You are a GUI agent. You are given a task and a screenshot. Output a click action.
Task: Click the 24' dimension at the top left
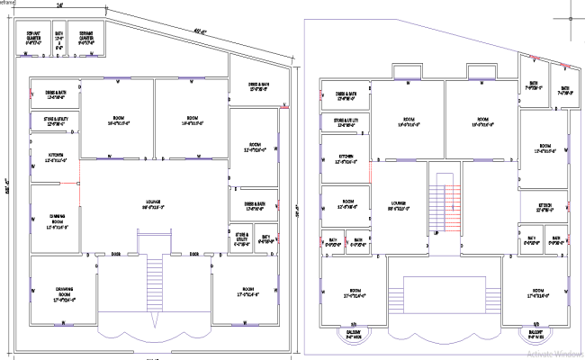point(59,5)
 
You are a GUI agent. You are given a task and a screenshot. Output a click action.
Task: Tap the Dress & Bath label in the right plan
point(346,94)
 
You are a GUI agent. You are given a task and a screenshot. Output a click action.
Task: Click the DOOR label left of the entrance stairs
point(116,254)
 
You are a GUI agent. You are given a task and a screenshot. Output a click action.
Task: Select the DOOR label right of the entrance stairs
point(193,254)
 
